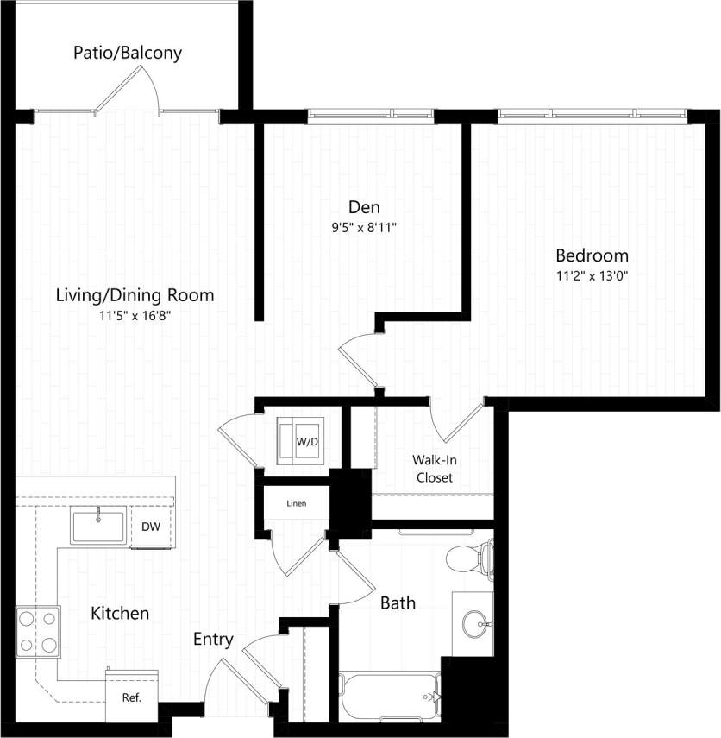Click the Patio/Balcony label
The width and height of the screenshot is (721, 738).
click(127, 54)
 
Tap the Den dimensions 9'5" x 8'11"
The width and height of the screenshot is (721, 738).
click(363, 229)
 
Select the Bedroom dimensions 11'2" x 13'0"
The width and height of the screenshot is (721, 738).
click(592, 277)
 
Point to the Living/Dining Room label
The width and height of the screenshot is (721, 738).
click(135, 295)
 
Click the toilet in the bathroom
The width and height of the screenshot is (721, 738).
click(469, 558)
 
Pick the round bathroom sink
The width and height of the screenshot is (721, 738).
click(473, 621)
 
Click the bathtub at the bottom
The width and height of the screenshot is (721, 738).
click(390, 696)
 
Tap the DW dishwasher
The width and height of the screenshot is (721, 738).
click(150, 527)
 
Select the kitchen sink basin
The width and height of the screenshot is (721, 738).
click(98, 526)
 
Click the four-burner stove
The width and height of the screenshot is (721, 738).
click(36, 632)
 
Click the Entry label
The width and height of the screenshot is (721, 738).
click(212, 640)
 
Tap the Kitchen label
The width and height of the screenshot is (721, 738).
click(120, 614)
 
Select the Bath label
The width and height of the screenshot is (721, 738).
click(398, 602)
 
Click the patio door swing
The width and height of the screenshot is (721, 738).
click(129, 92)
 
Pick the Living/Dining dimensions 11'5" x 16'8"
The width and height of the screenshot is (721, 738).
click(135, 317)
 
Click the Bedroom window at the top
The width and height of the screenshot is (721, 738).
click(593, 114)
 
